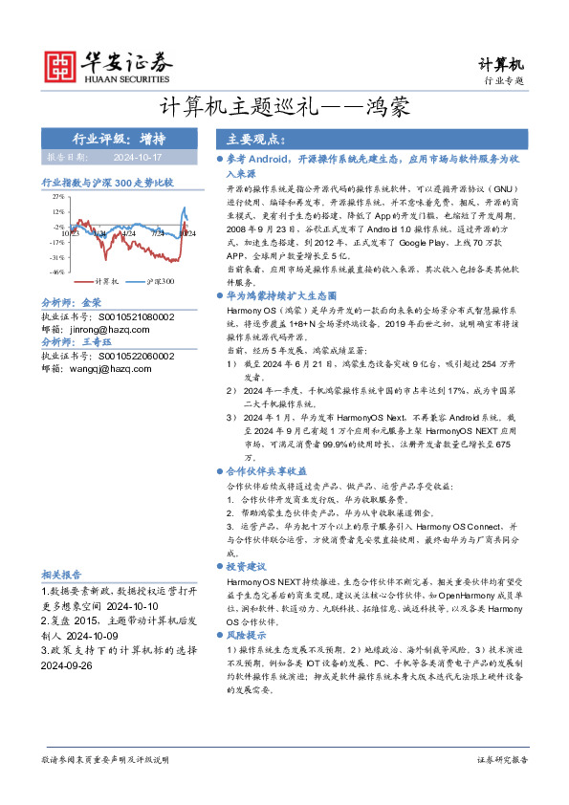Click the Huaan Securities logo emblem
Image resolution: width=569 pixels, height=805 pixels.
pyautogui.click(x=61, y=65)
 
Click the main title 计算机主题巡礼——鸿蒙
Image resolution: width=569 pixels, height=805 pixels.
pyautogui.click(x=284, y=108)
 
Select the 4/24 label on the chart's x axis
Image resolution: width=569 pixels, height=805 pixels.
pyautogui.click(x=129, y=232)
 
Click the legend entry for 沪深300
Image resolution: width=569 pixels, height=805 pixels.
pyautogui.click(x=153, y=282)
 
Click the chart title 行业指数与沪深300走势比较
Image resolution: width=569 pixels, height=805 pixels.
pyautogui.click(x=107, y=181)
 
